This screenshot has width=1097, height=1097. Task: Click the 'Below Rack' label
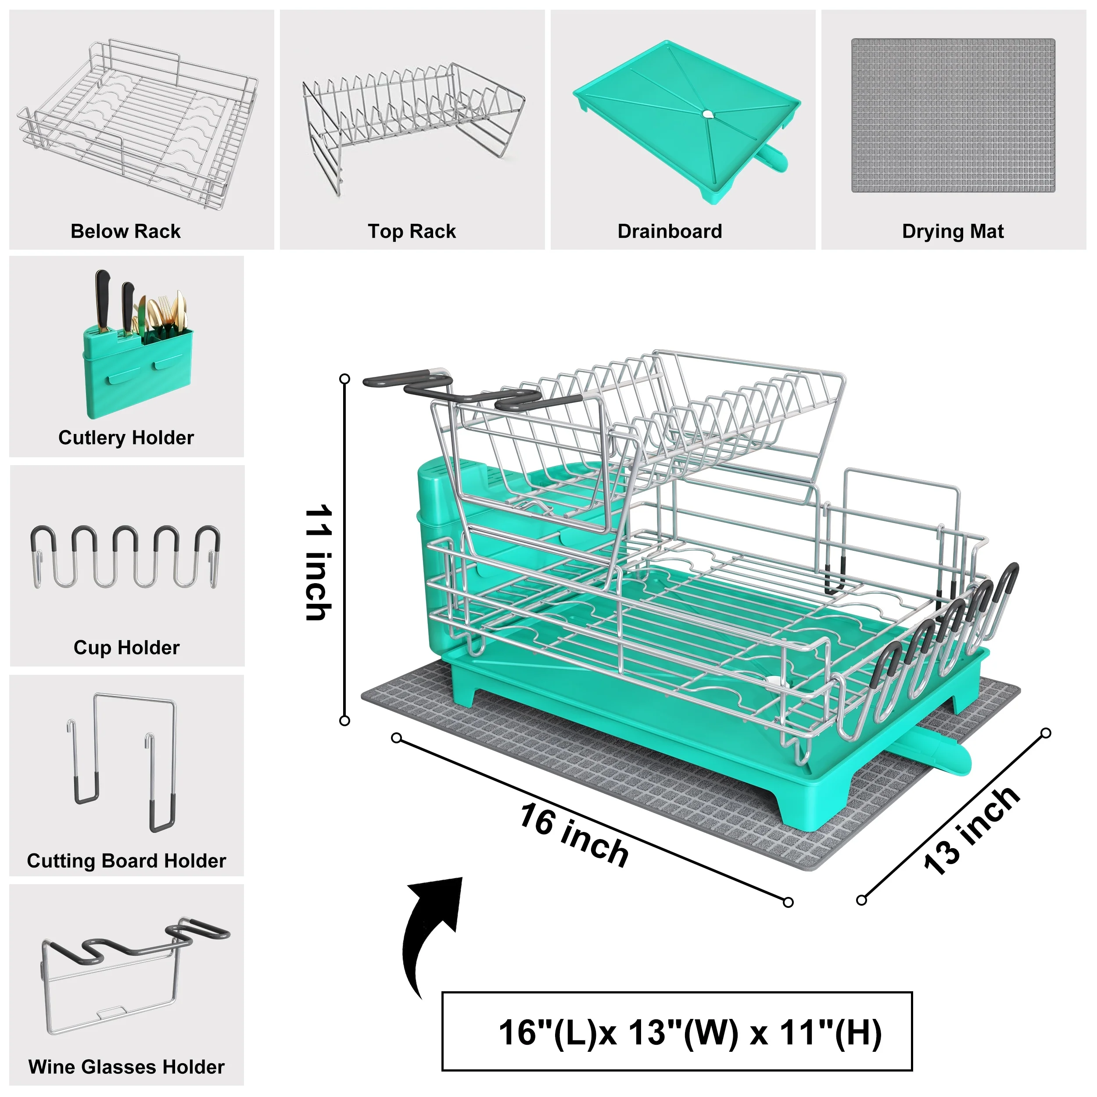point(125,231)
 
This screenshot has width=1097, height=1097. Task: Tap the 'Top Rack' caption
point(412,232)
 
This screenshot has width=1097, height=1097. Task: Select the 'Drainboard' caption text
point(670,231)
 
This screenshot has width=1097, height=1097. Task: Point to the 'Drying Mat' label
point(953,232)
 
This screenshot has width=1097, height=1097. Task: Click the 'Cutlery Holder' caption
point(126,438)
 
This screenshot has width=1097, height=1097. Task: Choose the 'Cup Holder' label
point(127,648)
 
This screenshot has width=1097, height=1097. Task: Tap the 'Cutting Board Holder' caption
point(127,861)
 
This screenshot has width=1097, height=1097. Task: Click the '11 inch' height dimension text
point(319,562)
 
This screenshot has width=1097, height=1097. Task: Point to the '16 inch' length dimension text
point(574,835)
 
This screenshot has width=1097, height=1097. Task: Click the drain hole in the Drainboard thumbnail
point(706,114)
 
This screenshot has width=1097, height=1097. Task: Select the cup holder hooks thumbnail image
point(125,557)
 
